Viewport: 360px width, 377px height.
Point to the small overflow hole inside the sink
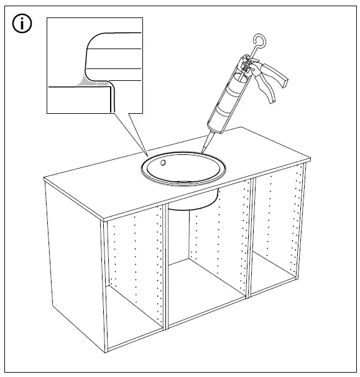(163, 163)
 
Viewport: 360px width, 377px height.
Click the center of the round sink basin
(184, 169)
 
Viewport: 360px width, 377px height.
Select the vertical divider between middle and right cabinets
(251, 243)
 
